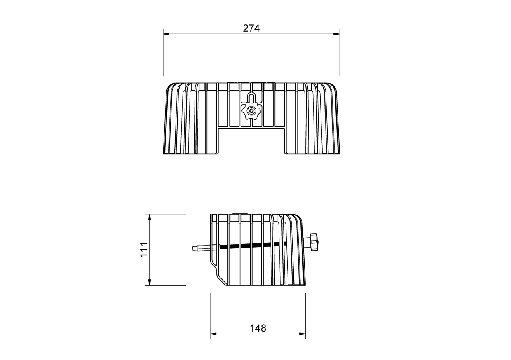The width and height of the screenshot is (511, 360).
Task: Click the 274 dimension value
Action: [251, 28]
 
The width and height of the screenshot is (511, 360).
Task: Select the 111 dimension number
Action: [144, 250]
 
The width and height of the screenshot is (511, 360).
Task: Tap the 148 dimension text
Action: [258, 328]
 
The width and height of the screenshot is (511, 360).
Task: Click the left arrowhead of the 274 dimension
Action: [166, 34]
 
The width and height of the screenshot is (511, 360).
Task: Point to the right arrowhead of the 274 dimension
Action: [337, 34]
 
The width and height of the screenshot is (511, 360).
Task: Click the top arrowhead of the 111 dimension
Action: [150, 217]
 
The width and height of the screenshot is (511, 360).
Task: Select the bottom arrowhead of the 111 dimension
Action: [150, 282]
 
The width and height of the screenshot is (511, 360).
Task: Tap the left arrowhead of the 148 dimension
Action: [213, 334]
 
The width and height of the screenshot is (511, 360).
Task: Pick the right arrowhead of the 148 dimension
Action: [302, 334]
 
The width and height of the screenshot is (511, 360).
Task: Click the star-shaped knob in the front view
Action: [251, 111]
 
